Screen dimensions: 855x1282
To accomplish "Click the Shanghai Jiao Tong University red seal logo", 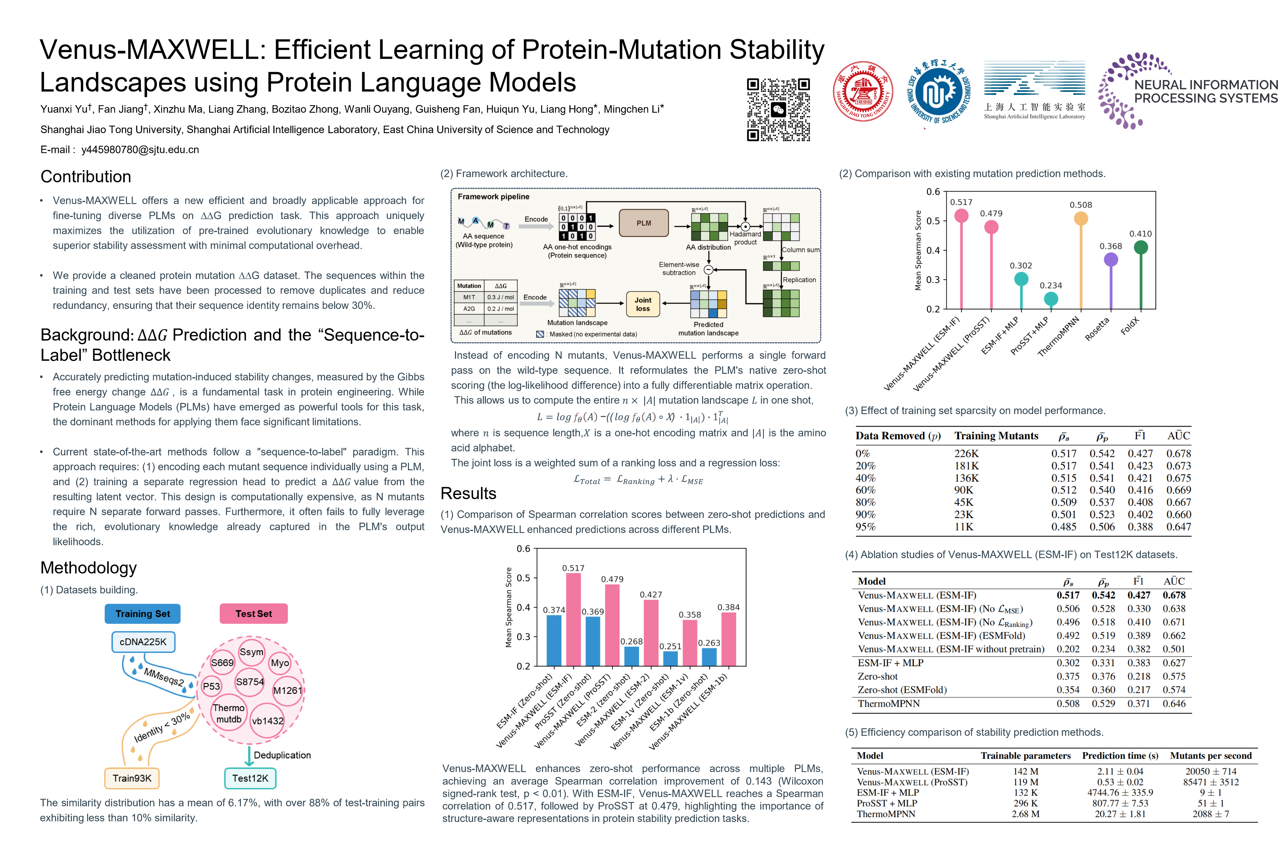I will tap(863, 91).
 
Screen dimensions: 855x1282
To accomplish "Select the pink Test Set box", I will tap(253, 613).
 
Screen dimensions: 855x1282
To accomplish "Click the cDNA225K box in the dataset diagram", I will tap(143, 642).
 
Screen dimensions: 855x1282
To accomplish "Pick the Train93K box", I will tap(132, 778).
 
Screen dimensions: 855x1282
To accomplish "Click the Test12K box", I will tap(250, 778).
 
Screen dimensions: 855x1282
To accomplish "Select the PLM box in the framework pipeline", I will tap(644, 223).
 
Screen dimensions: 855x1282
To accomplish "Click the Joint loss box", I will tap(643, 304).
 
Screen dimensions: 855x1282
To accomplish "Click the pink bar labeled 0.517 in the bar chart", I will tap(573, 619).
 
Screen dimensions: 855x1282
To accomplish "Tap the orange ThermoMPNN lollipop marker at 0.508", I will tap(1081, 219).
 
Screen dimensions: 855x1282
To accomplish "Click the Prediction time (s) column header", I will tap(1120, 756).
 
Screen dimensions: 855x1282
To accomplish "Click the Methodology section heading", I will tap(88, 568).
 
